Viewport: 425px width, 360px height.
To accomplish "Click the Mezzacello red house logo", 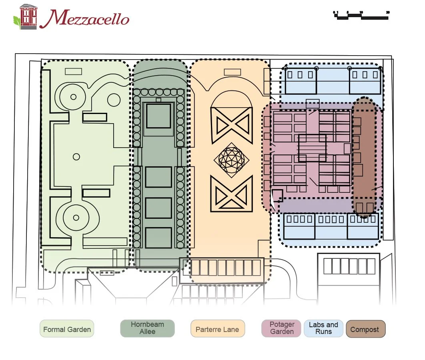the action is tap(27, 16).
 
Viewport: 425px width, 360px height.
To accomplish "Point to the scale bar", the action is tap(361, 15).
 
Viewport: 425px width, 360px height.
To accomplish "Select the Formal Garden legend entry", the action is tap(67, 329).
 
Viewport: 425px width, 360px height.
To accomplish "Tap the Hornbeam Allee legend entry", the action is tap(147, 328).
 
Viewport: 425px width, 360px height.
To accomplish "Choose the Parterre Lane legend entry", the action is tap(217, 329).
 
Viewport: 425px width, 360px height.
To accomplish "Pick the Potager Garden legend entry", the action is tap(282, 328).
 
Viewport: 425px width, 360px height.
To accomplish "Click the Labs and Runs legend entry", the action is tap(323, 328).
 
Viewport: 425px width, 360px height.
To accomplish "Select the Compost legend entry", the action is tap(365, 329).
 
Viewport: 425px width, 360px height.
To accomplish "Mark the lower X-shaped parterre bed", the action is tap(232, 194).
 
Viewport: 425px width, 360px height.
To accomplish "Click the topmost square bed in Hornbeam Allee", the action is tap(158, 116).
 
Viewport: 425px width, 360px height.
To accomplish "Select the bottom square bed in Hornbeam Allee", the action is tap(158, 238).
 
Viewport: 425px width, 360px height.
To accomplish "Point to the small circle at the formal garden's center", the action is tap(76, 157).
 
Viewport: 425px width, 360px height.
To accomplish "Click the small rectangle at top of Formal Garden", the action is tap(73, 71).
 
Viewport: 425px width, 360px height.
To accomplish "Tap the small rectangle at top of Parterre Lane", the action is tap(232, 72).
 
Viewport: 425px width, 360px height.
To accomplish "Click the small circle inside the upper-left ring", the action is tap(73, 97).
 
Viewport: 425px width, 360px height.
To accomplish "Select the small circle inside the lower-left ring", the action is tap(76, 218).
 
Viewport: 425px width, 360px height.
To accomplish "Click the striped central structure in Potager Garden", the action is tap(313, 148).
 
